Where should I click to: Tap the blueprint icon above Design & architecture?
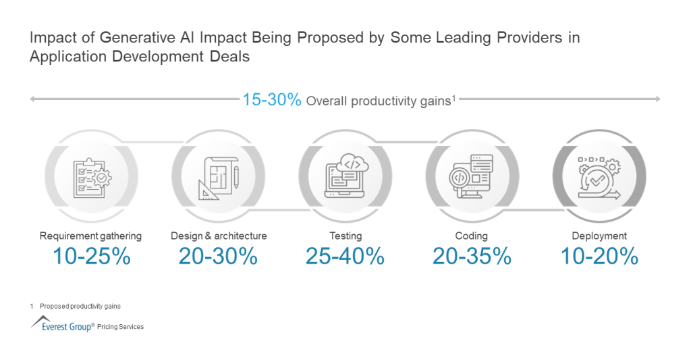pos(218,178)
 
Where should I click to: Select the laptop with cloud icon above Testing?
pos(345,178)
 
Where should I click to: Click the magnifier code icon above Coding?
pos(472,178)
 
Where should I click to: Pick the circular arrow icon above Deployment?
pos(599,178)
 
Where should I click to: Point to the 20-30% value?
pos(218,257)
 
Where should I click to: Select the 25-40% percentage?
pos(345,257)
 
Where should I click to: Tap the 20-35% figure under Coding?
pos(472,257)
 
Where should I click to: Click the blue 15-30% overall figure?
pos(272,100)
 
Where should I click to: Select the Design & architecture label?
pos(219,236)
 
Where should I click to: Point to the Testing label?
pos(345,236)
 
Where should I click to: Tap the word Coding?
pos(472,236)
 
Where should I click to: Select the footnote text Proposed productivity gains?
pos(80,306)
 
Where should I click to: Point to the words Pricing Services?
pos(120,327)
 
